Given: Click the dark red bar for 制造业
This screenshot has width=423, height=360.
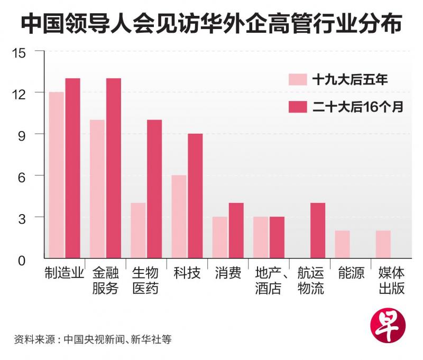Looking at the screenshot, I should pyautogui.click(x=72, y=168).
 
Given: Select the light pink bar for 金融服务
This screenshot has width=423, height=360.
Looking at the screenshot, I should pyautogui.click(x=97, y=189).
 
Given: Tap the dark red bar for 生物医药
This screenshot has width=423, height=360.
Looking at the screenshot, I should pyautogui.click(x=154, y=189).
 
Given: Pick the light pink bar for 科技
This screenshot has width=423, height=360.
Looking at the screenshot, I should pyautogui.click(x=179, y=217).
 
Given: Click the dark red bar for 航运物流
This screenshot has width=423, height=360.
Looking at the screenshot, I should pyautogui.click(x=318, y=230).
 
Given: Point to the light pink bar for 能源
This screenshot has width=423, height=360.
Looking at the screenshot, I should pyautogui.click(x=342, y=244).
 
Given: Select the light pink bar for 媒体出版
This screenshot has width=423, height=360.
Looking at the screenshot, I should pyautogui.click(x=383, y=244).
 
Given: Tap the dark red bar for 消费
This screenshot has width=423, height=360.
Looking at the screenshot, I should pyautogui.click(x=236, y=230).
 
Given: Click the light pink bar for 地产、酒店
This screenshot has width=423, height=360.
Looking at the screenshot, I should pyautogui.click(x=261, y=237).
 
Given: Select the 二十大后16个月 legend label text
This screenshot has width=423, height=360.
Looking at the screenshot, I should pyautogui.click(x=357, y=107).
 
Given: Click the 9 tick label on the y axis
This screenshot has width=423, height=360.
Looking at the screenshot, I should pyautogui.click(x=26, y=134).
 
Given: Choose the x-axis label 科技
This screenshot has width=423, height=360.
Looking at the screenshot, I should pyautogui.click(x=187, y=274).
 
